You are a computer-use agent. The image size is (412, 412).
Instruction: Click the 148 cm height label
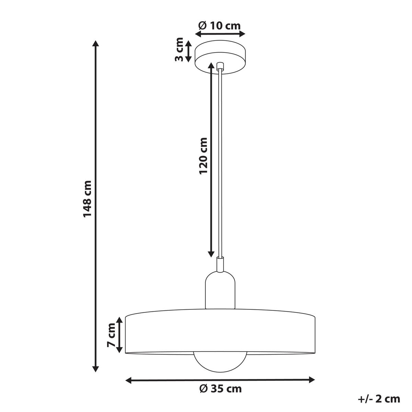point(88,199)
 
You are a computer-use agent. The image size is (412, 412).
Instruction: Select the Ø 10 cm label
point(219,26)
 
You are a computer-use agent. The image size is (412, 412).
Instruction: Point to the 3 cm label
point(179,49)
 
